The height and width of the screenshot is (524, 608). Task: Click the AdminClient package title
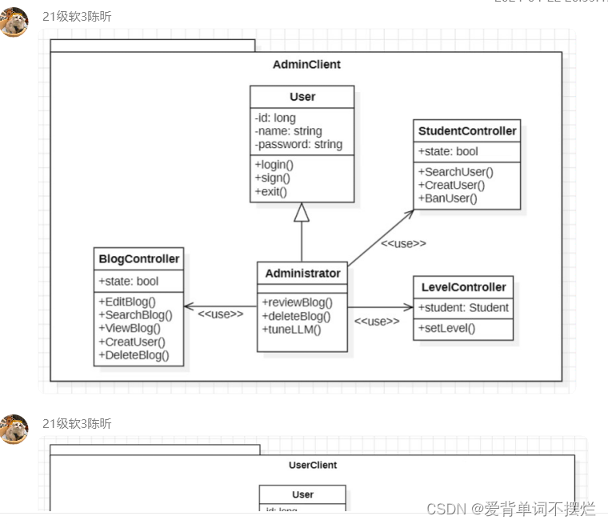point(306,65)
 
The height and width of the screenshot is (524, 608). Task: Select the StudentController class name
point(467,131)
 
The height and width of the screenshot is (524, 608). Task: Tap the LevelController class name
point(463,287)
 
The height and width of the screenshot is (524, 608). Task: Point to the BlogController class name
point(139,259)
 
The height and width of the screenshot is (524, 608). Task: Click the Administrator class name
point(302,274)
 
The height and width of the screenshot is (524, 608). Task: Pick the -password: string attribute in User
point(298,145)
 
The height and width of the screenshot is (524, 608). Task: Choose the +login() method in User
point(274,165)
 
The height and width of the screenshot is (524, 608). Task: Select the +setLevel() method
point(446,328)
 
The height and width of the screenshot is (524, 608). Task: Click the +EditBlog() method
point(127,302)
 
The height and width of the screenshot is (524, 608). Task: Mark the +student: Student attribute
point(463,307)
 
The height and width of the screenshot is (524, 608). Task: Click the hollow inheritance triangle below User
point(302,212)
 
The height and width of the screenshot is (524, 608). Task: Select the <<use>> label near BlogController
point(221,314)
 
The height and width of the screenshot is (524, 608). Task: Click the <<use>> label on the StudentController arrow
point(403,243)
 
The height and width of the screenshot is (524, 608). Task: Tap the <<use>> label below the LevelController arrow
point(376,322)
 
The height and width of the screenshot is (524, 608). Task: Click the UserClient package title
point(313,465)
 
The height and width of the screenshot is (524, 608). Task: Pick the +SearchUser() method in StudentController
point(455,171)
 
